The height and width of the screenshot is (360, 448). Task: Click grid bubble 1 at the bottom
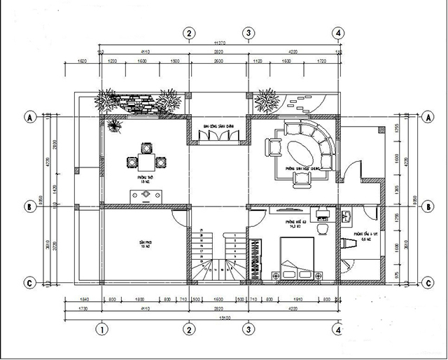click(x=102, y=328)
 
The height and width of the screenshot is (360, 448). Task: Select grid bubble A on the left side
click(x=30, y=116)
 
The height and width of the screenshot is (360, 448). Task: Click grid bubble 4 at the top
click(x=338, y=33)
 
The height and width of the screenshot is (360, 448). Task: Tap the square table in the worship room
click(x=146, y=162)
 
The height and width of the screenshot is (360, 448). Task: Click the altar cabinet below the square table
click(x=146, y=195)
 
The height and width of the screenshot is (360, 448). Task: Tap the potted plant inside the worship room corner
click(x=114, y=126)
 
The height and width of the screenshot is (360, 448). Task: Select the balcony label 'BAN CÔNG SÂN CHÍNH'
click(x=218, y=125)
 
